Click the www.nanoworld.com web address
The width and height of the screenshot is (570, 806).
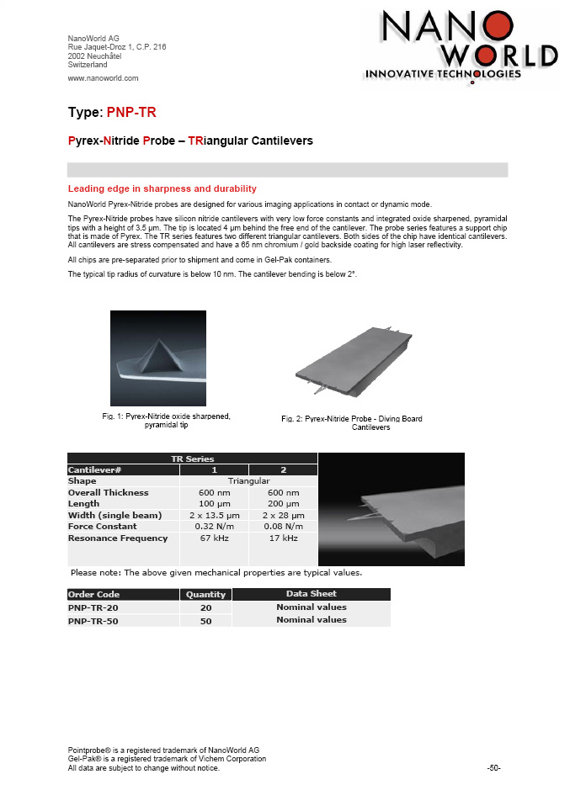(x=103, y=78)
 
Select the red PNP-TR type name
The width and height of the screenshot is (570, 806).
(x=131, y=113)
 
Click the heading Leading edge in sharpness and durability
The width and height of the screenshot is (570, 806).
(x=162, y=188)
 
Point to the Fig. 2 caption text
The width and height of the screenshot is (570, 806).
(x=351, y=423)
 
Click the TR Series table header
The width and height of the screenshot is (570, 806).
(x=192, y=459)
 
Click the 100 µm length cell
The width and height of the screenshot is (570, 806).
(x=214, y=504)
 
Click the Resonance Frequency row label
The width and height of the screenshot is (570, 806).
(x=117, y=538)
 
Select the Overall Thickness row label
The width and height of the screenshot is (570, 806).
(x=108, y=492)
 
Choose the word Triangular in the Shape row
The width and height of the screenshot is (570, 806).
(x=248, y=480)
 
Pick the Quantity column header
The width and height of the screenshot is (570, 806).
(x=205, y=594)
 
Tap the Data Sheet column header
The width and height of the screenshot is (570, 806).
(x=311, y=594)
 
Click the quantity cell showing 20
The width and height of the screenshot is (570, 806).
(x=205, y=607)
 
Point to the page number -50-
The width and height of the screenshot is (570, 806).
(x=494, y=768)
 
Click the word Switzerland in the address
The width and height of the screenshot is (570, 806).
(x=87, y=65)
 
